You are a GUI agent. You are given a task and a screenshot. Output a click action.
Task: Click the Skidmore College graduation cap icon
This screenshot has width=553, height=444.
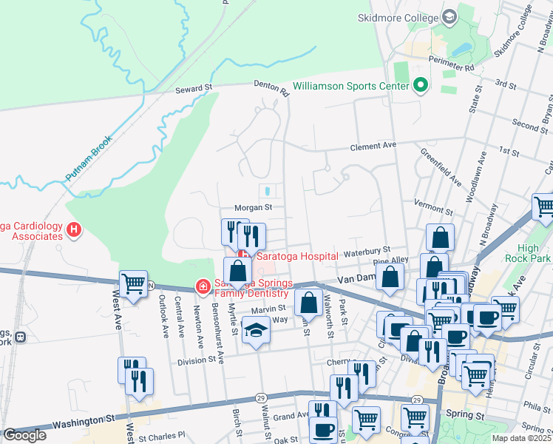[x=449, y=17]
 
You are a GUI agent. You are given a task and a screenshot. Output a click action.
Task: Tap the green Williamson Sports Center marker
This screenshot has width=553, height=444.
[x=421, y=86]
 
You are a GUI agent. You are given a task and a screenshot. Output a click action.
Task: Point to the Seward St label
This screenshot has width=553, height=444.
[x=194, y=88]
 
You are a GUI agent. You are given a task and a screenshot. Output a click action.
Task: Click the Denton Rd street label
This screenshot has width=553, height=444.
[x=271, y=88]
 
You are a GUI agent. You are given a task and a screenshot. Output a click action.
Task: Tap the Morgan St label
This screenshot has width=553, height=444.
[x=254, y=208]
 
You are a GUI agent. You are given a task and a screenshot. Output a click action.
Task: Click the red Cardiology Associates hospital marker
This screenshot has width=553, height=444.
[x=73, y=230]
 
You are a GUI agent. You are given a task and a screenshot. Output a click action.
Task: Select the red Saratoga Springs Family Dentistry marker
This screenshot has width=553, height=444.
[x=201, y=286]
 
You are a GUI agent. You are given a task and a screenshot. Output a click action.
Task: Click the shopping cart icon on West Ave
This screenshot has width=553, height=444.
[x=133, y=283]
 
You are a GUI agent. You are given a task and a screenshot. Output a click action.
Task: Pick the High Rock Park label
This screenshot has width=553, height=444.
[x=528, y=253]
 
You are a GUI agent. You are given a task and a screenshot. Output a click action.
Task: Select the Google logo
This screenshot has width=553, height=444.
[x=24, y=435]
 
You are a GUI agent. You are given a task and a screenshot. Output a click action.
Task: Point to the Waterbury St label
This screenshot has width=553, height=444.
[x=366, y=251]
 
